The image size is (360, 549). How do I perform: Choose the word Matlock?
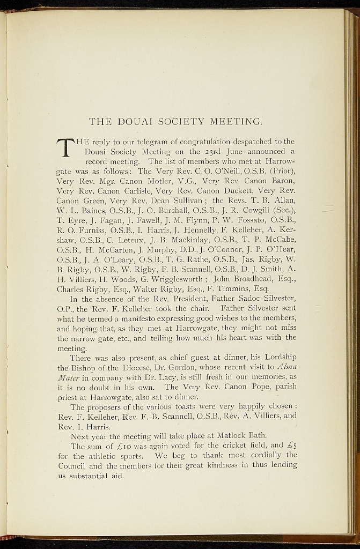221,436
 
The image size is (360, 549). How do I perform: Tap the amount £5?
291,446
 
